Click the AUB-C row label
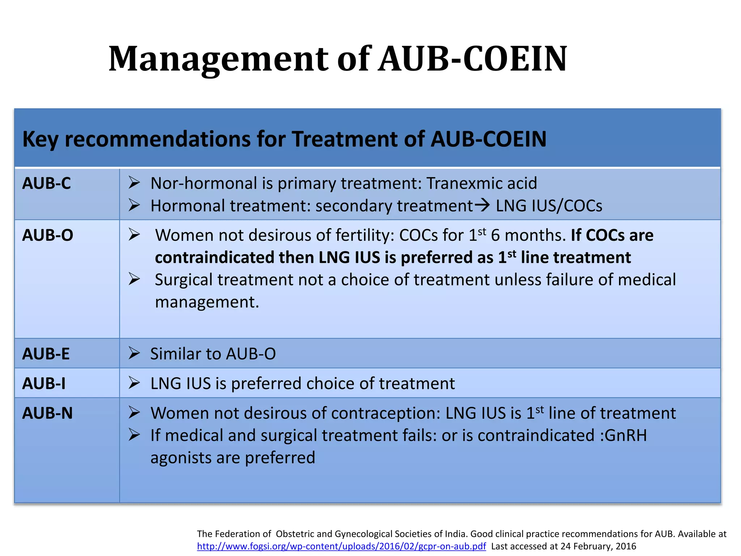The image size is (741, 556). coord(46,184)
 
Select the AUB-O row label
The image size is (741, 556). coord(47,236)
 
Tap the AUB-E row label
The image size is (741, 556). coord(46,354)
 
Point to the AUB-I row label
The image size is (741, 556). coord(44,384)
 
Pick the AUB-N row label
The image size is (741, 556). coord(47,413)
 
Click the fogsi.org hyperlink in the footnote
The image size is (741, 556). coord(341,546)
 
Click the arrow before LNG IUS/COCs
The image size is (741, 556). coord(482,206)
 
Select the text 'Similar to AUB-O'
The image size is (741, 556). coord(213,354)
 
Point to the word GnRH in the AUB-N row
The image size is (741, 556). coord(626,435)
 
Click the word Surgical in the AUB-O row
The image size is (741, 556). coord(183,280)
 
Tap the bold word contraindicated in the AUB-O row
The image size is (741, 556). coord(214,258)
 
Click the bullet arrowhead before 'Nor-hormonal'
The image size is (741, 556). coord(134,183)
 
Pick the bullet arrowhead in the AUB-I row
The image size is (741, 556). coord(134,383)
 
